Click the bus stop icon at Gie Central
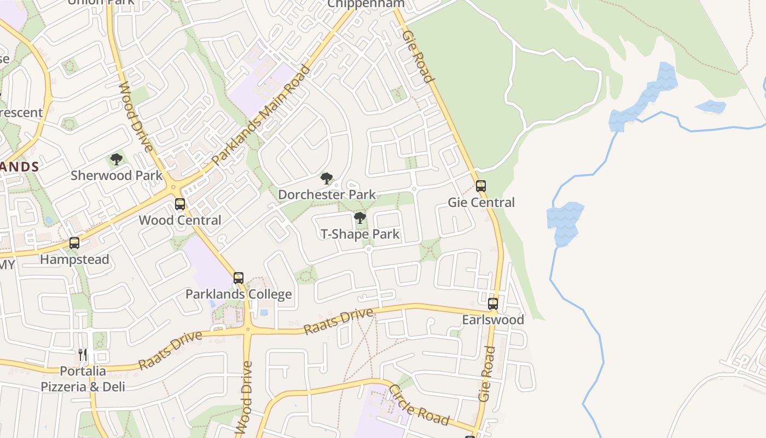point(481,186)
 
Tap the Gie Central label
point(481,203)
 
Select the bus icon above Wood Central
point(180,204)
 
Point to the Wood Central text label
point(180,221)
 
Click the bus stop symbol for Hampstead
point(74,243)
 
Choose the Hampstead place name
point(74,260)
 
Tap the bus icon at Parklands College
point(239,278)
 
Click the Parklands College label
point(239,295)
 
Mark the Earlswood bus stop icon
point(493,303)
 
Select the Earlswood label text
point(493,320)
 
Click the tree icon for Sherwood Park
point(116,159)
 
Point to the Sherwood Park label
point(117,176)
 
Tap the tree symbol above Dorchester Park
point(327,178)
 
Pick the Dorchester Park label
point(327,195)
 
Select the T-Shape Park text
point(360,235)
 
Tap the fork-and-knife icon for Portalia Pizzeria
point(83,355)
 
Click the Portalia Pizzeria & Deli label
point(83,379)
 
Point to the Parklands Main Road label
point(262,116)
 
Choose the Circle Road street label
point(419,406)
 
